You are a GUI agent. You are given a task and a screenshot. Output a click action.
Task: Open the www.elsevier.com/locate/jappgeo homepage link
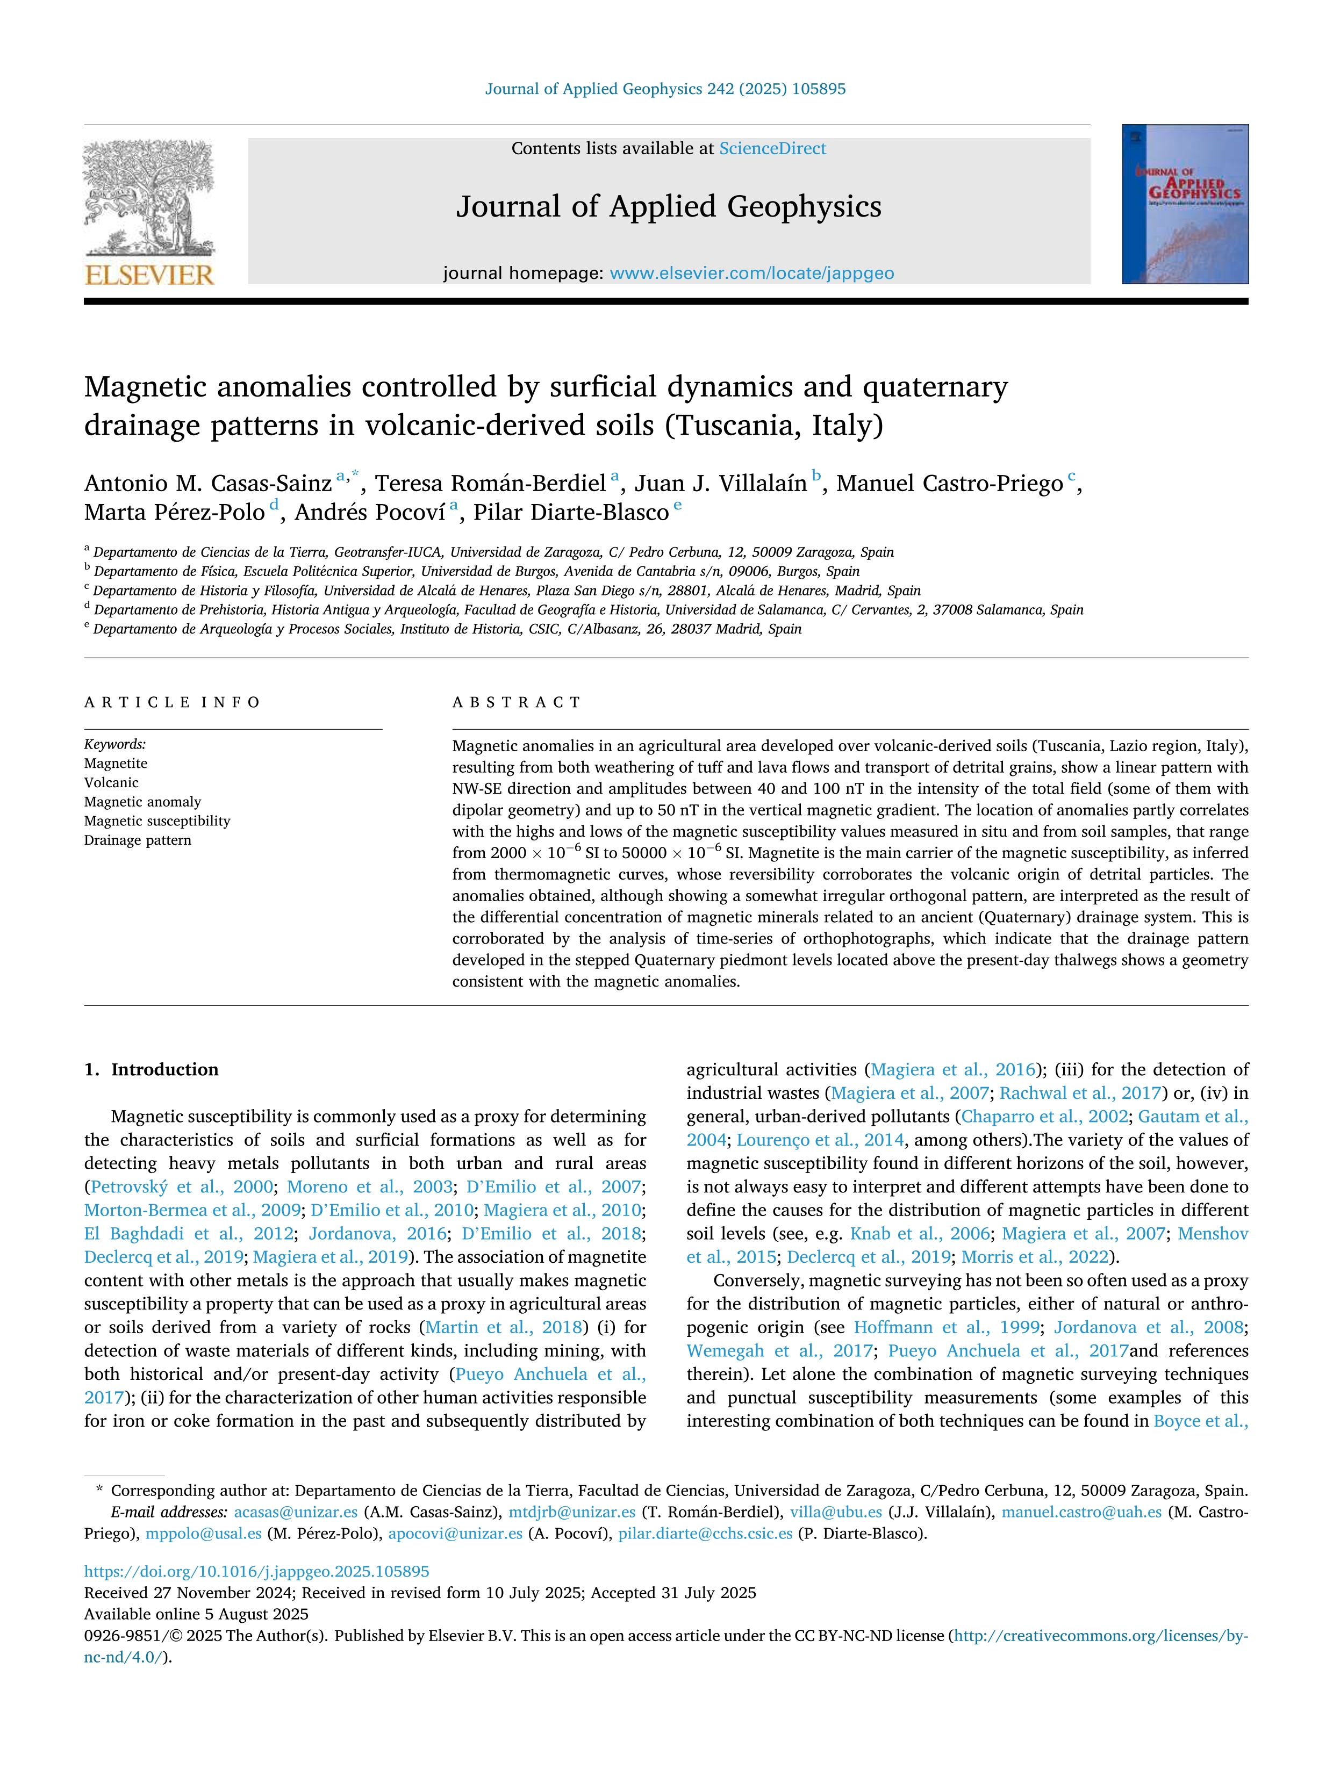pos(751,273)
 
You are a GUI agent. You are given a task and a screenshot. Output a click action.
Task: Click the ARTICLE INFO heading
pos(172,702)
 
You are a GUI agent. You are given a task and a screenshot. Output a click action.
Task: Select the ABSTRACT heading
pos(516,702)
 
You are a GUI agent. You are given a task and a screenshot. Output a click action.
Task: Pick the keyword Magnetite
pos(116,763)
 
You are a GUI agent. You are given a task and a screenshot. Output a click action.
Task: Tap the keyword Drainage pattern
pos(138,840)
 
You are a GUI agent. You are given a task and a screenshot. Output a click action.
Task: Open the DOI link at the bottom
pos(256,1571)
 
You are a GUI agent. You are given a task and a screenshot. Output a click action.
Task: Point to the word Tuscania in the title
pos(734,425)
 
